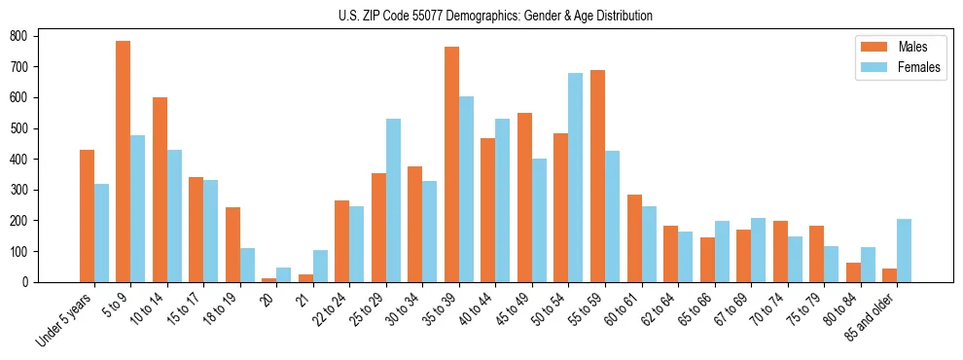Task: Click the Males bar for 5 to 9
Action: coord(124,162)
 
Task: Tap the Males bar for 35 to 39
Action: coord(452,164)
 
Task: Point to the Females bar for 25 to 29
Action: coord(394,200)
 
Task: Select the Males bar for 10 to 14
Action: coord(160,190)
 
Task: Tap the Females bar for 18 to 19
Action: coord(248,265)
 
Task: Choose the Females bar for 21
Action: coord(321,266)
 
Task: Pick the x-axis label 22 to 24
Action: coord(333,308)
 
